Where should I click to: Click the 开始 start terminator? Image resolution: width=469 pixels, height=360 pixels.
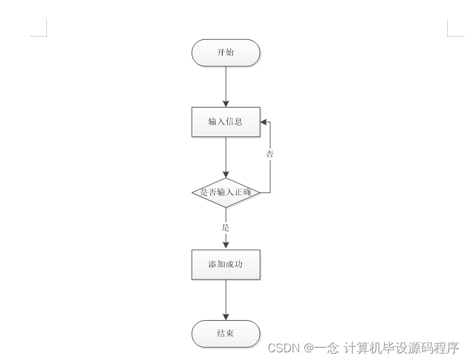point(226,53)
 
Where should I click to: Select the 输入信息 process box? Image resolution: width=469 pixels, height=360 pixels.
point(226,122)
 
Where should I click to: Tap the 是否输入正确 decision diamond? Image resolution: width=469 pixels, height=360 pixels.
point(226,193)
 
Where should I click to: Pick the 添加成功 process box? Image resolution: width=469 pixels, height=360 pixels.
point(226,265)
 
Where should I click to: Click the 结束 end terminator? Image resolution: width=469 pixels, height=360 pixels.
point(226,334)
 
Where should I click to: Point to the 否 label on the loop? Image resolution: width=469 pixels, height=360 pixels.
point(270,154)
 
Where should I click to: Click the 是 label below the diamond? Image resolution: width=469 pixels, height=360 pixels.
point(226,227)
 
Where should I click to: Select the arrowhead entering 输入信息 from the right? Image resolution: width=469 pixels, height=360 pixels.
point(264,122)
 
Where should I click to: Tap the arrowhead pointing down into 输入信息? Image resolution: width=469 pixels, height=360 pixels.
point(226,103)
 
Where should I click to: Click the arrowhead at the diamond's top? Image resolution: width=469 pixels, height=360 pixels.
point(226,174)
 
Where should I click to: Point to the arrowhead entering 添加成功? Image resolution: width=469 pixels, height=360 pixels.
point(226,245)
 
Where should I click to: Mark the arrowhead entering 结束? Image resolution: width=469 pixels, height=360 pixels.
point(226,316)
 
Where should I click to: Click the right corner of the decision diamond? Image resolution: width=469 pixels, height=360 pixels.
point(259,193)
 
